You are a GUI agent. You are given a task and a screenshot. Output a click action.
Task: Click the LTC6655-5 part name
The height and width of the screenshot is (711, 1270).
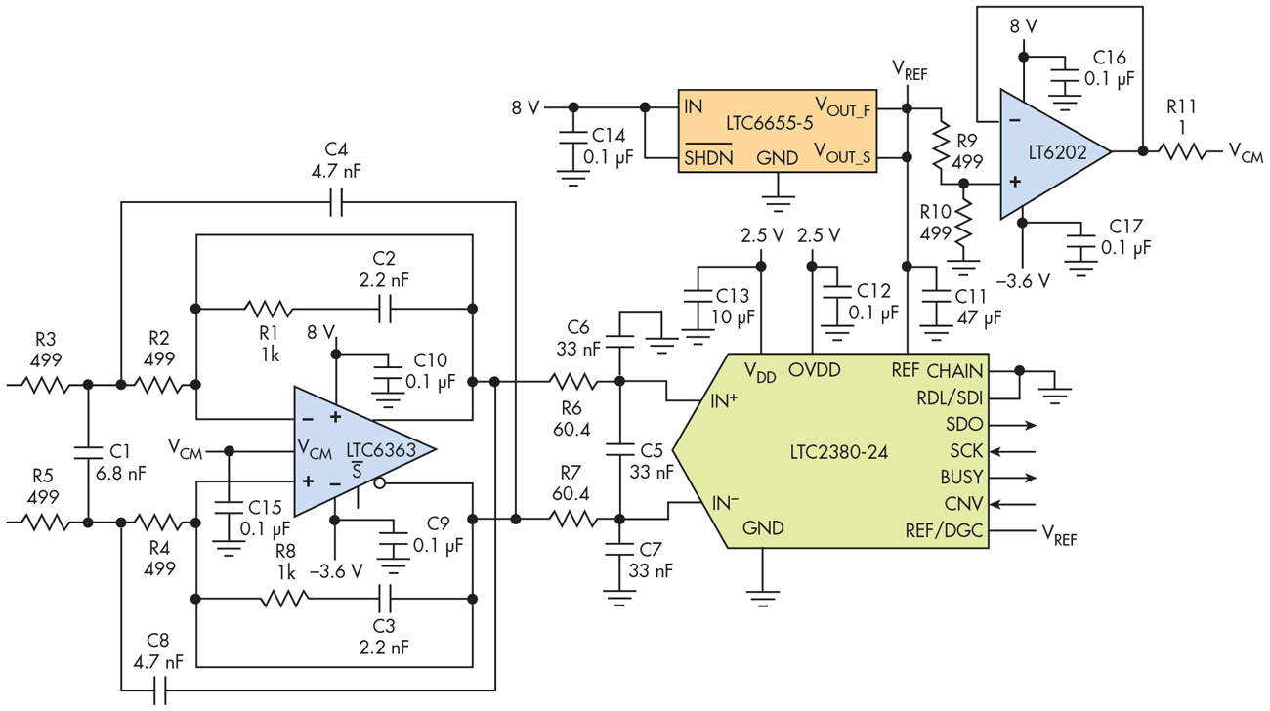point(778,124)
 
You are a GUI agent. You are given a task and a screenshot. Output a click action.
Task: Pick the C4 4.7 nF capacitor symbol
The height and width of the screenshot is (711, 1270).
point(336,202)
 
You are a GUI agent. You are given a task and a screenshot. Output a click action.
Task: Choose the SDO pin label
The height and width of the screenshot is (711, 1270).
point(964,425)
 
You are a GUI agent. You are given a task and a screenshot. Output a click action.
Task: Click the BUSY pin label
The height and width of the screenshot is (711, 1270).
point(961,478)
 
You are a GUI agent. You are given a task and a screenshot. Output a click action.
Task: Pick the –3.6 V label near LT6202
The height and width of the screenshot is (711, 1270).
point(1024,280)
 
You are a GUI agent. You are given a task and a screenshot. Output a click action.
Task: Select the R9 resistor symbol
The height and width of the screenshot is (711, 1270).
point(941,145)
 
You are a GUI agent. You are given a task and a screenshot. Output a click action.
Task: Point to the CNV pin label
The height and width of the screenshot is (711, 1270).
point(965,504)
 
